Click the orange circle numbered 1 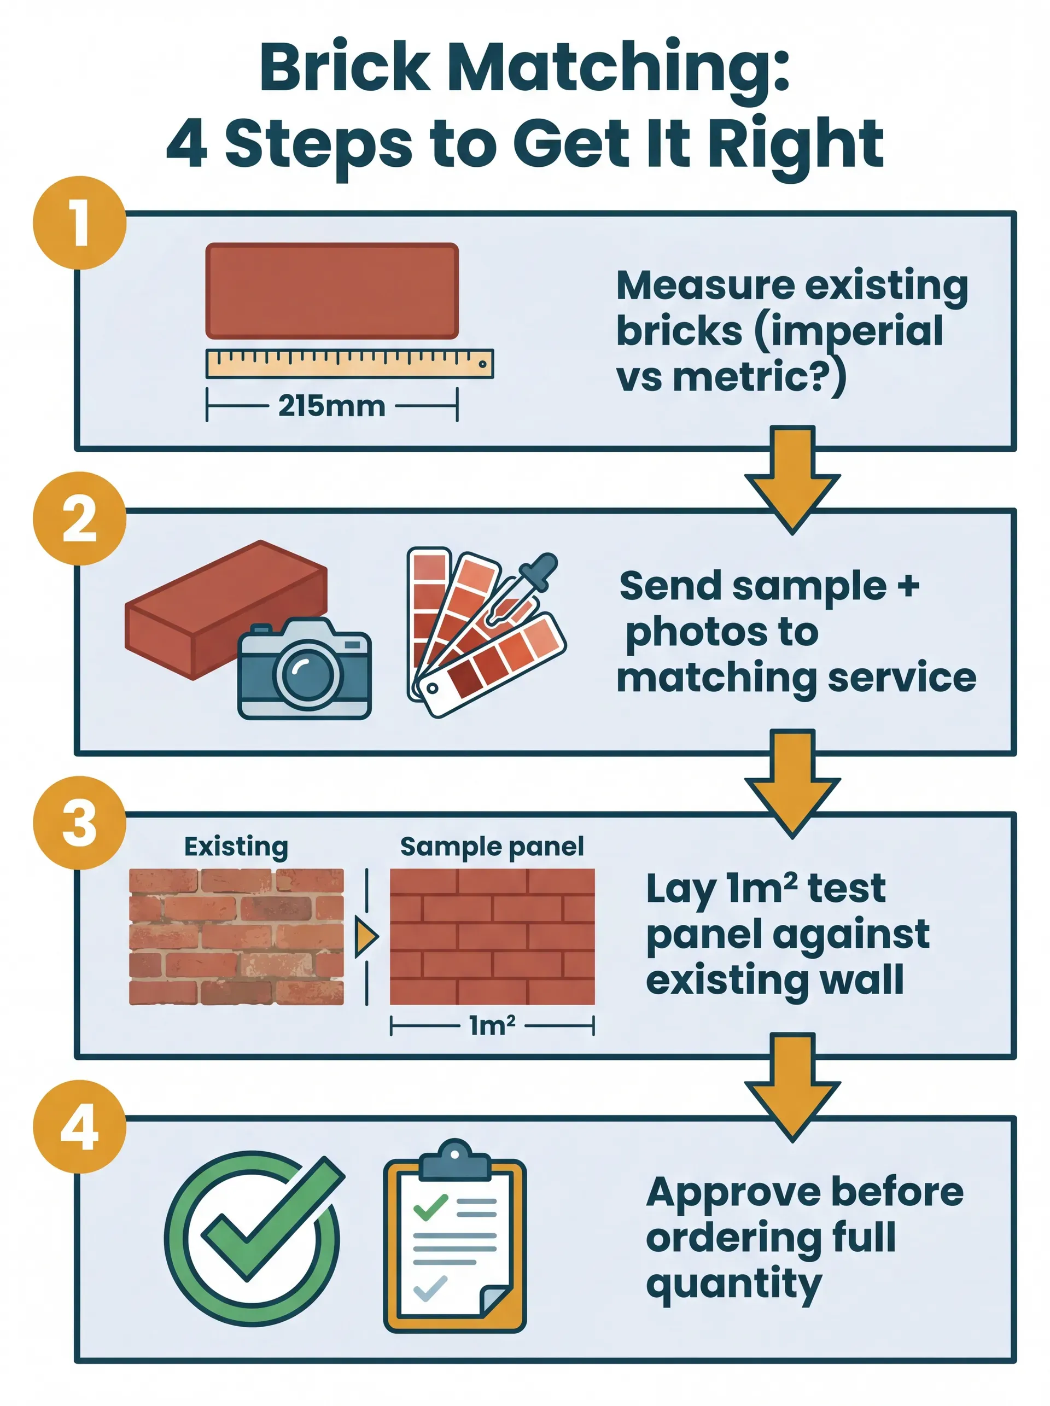tap(79, 223)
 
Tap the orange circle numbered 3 tap(79, 822)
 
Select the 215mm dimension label tap(331, 406)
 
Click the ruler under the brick tap(349, 364)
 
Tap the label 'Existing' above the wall tap(236, 847)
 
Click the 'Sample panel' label tap(491, 847)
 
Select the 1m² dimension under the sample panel tap(491, 1025)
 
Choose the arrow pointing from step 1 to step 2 tap(792, 480)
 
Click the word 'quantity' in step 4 tap(733, 1285)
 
